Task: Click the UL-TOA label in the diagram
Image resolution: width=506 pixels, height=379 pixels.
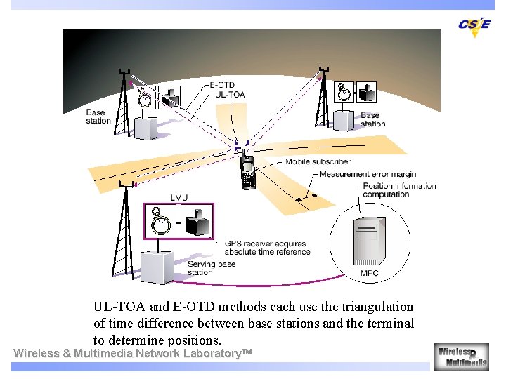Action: pyautogui.click(x=230, y=94)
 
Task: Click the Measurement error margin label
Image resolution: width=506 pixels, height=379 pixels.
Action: pyautogui.click(x=368, y=174)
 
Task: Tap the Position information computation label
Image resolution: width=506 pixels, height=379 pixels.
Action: pyautogui.click(x=399, y=189)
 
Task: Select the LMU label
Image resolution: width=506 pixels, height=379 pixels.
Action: pyautogui.click(x=179, y=198)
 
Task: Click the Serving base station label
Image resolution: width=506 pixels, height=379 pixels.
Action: pyautogui.click(x=212, y=268)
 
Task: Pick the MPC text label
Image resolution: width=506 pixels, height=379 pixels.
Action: pyautogui.click(x=370, y=272)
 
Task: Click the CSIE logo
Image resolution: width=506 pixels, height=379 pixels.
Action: pyautogui.click(x=475, y=25)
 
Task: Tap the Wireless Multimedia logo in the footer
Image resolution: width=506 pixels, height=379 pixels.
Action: pyautogui.click(x=461, y=357)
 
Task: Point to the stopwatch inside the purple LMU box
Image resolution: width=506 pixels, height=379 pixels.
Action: pyautogui.click(x=161, y=224)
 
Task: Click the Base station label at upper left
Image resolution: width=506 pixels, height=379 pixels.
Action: pyautogui.click(x=98, y=117)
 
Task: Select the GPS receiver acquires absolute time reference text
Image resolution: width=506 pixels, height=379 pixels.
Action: pyautogui.click(x=267, y=248)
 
